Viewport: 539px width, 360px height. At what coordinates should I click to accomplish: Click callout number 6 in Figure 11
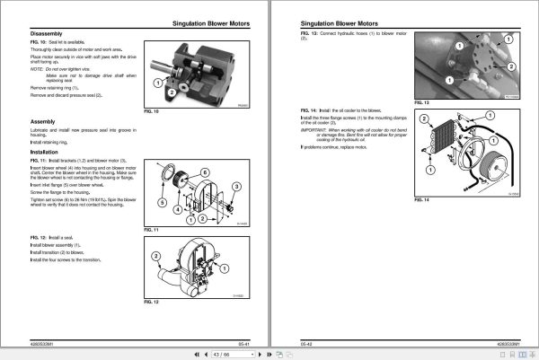click(204, 171)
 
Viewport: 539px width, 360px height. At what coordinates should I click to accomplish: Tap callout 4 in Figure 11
click(178, 207)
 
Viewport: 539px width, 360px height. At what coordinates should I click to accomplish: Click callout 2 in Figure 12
click(156, 256)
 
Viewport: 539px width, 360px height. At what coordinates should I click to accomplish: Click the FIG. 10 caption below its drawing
click(155, 112)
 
